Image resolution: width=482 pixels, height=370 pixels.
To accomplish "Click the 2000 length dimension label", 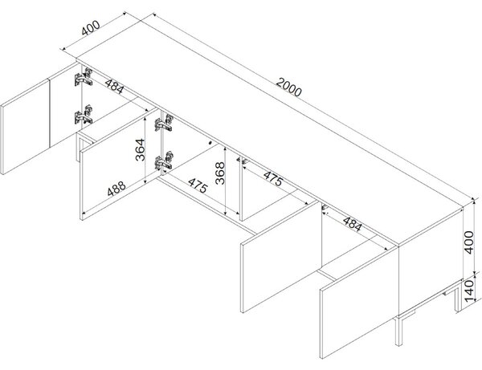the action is click(x=288, y=87).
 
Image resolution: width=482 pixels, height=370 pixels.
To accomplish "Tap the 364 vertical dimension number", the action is click(x=140, y=150).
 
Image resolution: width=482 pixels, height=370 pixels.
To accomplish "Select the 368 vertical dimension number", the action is click(x=220, y=173).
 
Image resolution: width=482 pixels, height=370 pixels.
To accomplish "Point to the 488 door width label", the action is click(x=116, y=189).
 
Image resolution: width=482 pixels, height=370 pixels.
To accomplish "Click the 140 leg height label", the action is click(x=468, y=291).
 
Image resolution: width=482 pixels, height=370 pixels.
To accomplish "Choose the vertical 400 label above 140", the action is click(x=468, y=242).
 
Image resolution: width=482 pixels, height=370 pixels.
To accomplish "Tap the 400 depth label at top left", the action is click(x=91, y=28).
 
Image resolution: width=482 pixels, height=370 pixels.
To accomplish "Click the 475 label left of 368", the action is click(x=198, y=185).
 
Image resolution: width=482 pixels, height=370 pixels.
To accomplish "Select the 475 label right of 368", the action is click(x=273, y=179).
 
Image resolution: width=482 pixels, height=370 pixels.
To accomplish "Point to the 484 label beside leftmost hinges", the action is click(x=115, y=87).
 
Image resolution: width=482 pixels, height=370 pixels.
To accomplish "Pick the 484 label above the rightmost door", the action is click(x=352, y=224).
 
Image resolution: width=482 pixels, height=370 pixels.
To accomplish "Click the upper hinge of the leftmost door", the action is click(x=84, y=77).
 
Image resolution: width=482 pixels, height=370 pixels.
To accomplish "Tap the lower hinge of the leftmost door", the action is click(x=84, y=115).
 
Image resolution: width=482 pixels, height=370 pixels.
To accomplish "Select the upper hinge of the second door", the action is click(x=164, y=123).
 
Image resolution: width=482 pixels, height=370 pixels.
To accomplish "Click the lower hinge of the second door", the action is click(x=164, y=161).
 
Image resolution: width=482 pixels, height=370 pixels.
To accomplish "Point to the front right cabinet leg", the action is click(x=398, y=331).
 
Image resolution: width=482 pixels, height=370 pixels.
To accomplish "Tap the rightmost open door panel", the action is click(x=359, y=303).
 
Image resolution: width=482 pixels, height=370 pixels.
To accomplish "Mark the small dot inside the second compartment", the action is click(x=210, y=143).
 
